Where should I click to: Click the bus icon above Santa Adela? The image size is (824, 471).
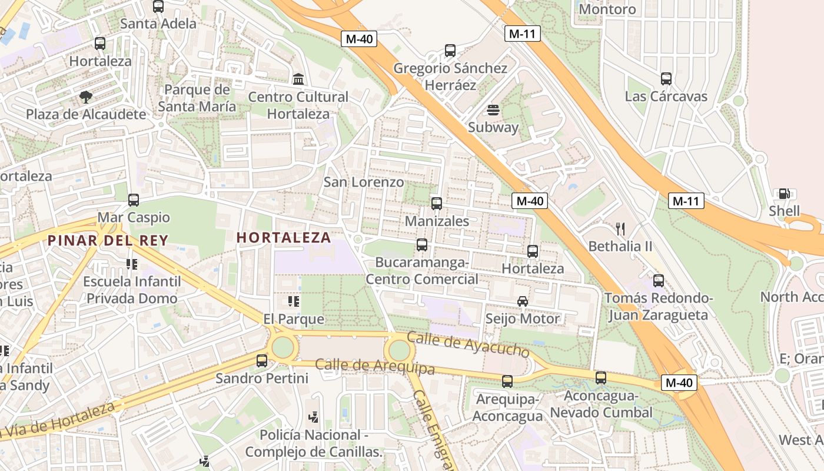click(158, 6)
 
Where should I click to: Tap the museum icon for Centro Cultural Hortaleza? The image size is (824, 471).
click(298, 79)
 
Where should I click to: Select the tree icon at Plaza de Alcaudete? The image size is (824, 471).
click(86, 97)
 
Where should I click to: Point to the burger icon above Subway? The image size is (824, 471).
click(493, 110)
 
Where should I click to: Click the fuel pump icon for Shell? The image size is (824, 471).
click(784, 194)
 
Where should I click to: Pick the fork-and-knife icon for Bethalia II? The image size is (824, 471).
click(620, 228)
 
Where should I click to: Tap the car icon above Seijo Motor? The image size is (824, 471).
click(523, 301)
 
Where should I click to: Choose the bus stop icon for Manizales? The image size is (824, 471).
click(437, 204)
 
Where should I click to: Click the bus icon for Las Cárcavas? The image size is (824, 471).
click(666, 79)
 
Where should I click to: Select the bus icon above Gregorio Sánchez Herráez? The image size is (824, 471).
click(450, 51)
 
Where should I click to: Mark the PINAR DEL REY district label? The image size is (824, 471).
click(108, 240)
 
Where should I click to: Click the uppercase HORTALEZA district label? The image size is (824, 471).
click(284, 238)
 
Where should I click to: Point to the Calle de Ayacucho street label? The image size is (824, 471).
click(469, 344)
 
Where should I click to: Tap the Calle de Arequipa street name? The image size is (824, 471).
click(375, 366)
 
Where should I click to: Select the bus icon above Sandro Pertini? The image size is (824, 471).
click(262, 360)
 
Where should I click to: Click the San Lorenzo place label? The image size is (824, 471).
click(364, 182)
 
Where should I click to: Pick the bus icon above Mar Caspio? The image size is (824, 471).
click(134, 200)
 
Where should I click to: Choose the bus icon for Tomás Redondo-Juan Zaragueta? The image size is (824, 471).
click(659, 281)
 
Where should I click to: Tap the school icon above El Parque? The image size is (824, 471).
click(294, 302)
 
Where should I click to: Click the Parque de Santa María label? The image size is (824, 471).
click(197, 98)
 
